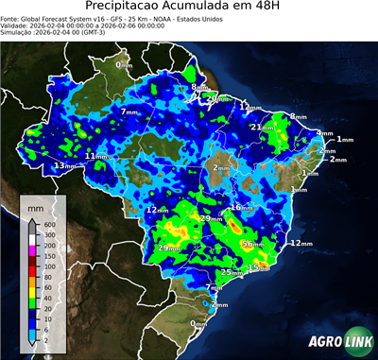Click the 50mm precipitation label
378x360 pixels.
[x=251, y=244]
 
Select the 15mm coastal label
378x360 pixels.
[x=259, y=267]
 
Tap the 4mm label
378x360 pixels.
[x=324, y=133]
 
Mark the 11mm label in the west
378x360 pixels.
[x=96, y=155]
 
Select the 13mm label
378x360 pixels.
[x=64, y=166]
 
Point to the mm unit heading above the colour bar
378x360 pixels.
[x=36, y=204]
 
